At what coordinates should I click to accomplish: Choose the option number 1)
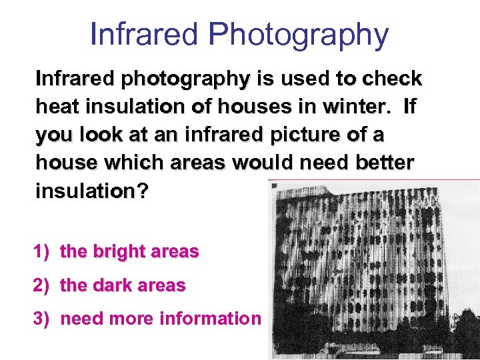tap(43, 252)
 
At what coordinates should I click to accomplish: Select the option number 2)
tap(43, 285)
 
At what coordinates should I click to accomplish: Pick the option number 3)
tap(43, 319)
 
